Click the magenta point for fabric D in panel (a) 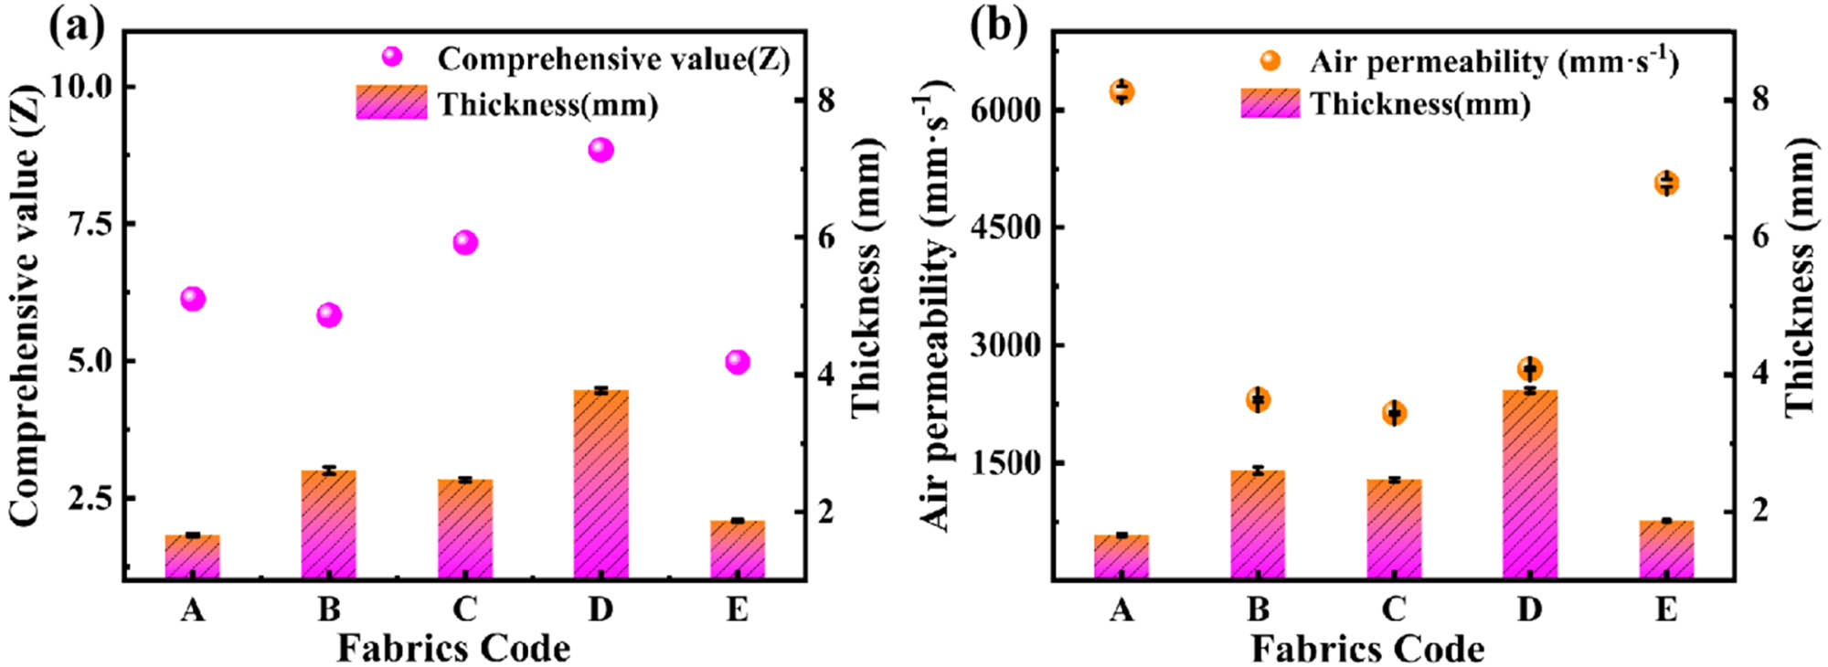tap(600, 149)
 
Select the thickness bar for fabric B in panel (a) tap(328, 524)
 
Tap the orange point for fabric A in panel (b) tap(1121, 91)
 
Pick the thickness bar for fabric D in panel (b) tap(1529, 484)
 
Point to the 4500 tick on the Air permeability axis tap(1004, 228)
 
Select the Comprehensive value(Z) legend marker tap(392, 57)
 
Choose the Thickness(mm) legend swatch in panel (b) tap(1270, 103)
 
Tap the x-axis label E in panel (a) tap(737, 609)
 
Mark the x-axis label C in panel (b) tap(1393, 609)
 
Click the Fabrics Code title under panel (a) tap(453, 649)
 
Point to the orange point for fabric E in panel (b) tap(1666, 183)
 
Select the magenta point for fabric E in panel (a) tap(737, 362)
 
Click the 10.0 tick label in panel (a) tap(81, 88)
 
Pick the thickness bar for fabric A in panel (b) tap(1121, 556)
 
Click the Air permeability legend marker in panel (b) tap(1270, 60)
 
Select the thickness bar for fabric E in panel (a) tap(737, 549)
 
